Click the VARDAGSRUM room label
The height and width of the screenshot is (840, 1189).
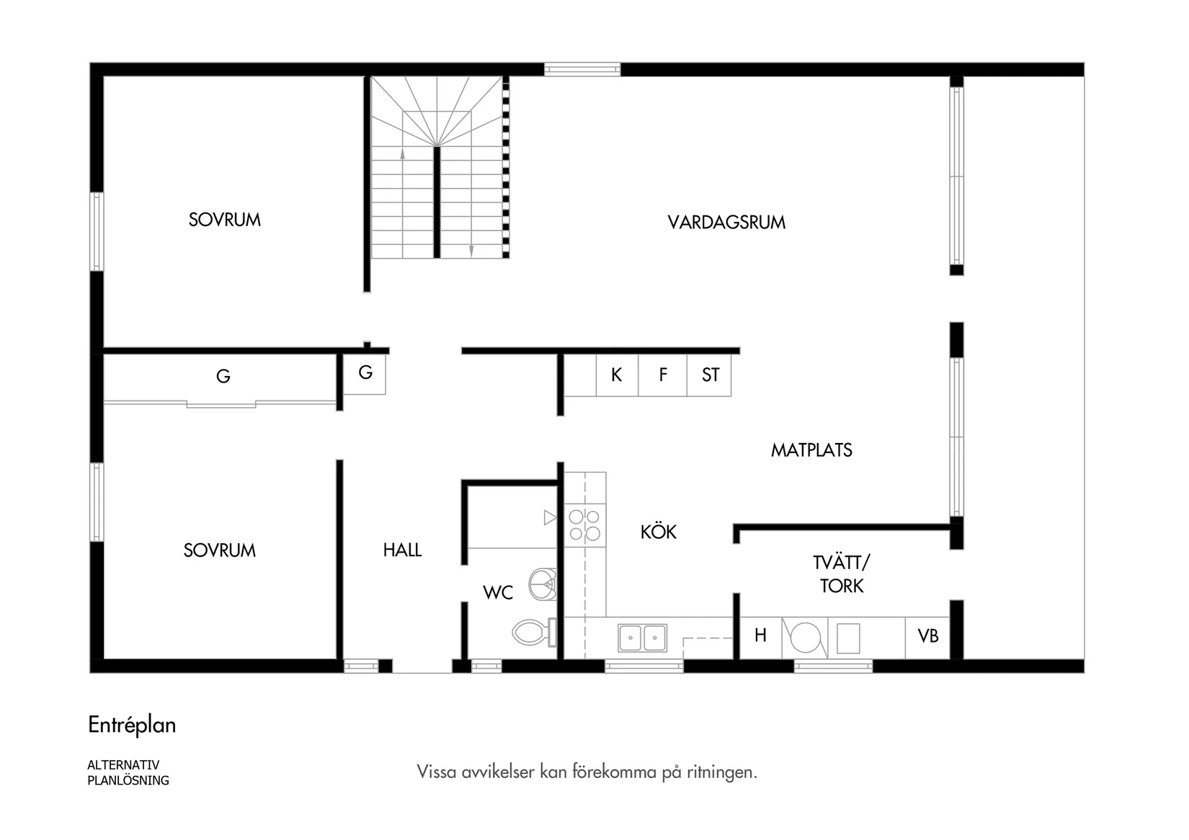pos(726,222)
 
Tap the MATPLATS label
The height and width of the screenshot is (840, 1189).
pos(811,450)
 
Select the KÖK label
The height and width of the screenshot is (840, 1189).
pos(658,532)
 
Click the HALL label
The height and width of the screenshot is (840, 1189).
pos(402,550)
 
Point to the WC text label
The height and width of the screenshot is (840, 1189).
pos(498,592)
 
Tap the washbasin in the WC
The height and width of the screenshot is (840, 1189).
pos(543,584)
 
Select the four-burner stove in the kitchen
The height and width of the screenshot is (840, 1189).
pos(584,525)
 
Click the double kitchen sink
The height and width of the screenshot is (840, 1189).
pos(642,638)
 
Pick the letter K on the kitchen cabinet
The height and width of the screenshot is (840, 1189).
pos(616,375)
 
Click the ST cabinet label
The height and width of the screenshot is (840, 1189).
pos(710,375)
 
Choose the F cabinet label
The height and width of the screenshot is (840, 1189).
pos(663,375)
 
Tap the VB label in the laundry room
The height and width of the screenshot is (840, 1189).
pos(927,636)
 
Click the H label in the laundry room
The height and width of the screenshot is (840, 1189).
pos(760,635)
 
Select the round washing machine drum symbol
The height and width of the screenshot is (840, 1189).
pos(806,638)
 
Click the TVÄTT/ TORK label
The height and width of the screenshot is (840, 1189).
pos(841,573)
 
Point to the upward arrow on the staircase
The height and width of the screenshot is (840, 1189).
pos(402,153)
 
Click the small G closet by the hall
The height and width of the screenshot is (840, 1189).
pos(365,372)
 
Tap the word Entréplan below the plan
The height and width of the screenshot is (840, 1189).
pos(132,725)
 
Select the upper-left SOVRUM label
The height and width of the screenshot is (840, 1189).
pos(224,220)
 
